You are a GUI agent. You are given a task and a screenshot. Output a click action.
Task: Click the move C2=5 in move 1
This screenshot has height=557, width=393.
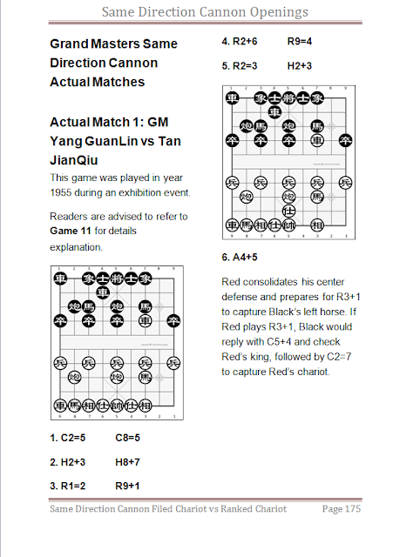click(x=73, y=438)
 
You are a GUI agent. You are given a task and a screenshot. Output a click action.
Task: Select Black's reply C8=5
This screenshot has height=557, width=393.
click(x=128, y=438)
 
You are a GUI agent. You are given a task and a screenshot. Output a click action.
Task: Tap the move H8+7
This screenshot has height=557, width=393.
click(x=127, y=462)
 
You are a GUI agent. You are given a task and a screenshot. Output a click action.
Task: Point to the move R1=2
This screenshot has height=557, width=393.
click(x=73, y=486)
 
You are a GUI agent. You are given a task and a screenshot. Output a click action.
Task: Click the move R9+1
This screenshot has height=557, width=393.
click(x=127, y=486)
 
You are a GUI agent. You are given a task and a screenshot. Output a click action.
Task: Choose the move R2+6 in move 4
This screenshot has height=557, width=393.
click(x=245, y=42)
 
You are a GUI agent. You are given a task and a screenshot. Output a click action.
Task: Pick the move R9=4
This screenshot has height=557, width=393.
click(x=300, y=42)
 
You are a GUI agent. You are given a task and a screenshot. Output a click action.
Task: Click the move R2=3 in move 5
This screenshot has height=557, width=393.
click(x=245, y=66)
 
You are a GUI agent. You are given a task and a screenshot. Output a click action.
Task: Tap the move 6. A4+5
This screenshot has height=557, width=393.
click(x=240, y=258)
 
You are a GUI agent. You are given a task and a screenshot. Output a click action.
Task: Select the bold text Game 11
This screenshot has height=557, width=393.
click(x=71, y=231)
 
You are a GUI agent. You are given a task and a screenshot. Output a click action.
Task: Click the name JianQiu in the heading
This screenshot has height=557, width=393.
click(x=73, y=160)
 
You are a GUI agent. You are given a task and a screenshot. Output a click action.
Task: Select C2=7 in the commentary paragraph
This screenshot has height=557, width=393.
click(x=339, y=357)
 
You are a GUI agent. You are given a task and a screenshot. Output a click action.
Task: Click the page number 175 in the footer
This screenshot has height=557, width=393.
click(x=352, y=508)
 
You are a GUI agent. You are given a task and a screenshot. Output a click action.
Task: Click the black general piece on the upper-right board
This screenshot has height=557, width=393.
click(x=288, y=97)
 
